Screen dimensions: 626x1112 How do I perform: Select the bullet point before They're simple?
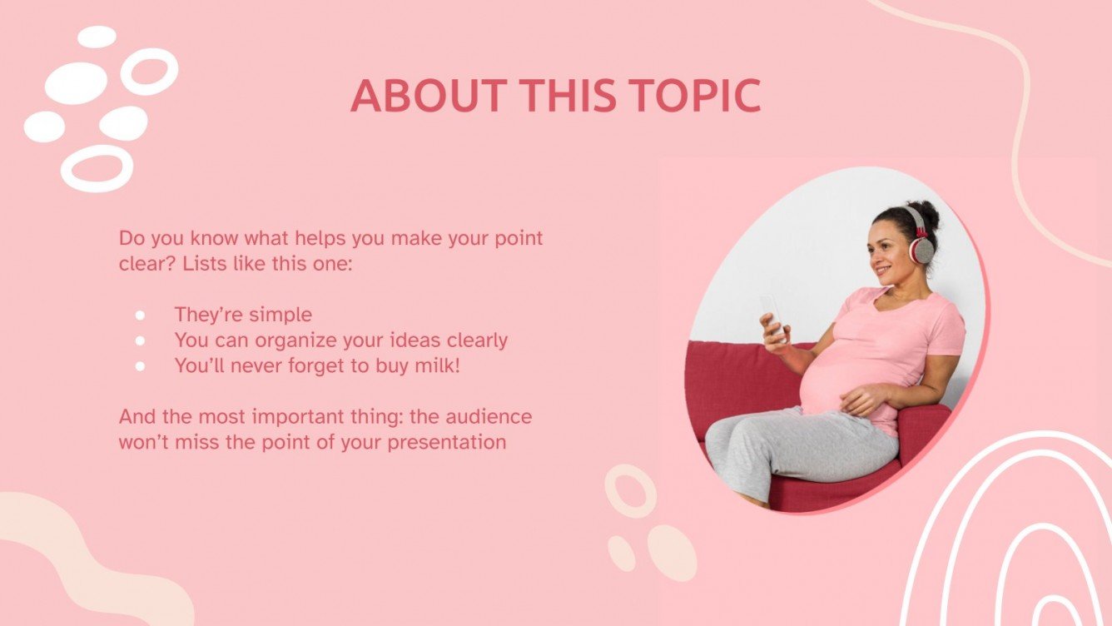coord(140,315)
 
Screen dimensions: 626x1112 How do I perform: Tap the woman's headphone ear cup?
coord(921,248)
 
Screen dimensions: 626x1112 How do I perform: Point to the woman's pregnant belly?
coord(832,383)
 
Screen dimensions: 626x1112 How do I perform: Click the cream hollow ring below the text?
coord(630,490)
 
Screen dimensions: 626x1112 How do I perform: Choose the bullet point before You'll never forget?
coord(140,365)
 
